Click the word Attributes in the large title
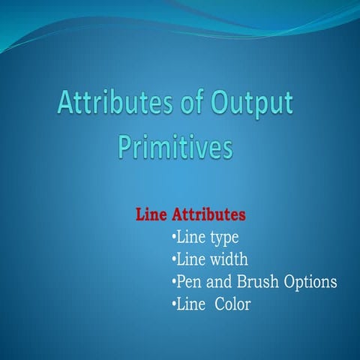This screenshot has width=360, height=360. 115,102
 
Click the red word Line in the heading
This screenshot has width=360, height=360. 151,214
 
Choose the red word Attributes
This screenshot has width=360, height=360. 208,214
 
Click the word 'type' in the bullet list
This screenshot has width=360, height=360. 224,238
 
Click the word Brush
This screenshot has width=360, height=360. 258,281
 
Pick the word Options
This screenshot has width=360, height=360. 310,282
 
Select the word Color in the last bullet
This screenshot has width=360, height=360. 232,304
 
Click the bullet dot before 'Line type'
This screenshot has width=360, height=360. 174,236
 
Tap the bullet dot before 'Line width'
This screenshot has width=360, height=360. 174,259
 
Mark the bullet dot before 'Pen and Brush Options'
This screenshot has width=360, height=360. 174,281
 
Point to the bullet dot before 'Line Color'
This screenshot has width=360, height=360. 174,304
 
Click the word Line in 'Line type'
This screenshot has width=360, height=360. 190,237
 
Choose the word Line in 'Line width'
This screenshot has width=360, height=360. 190,259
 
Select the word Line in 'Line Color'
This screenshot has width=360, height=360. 190,304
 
